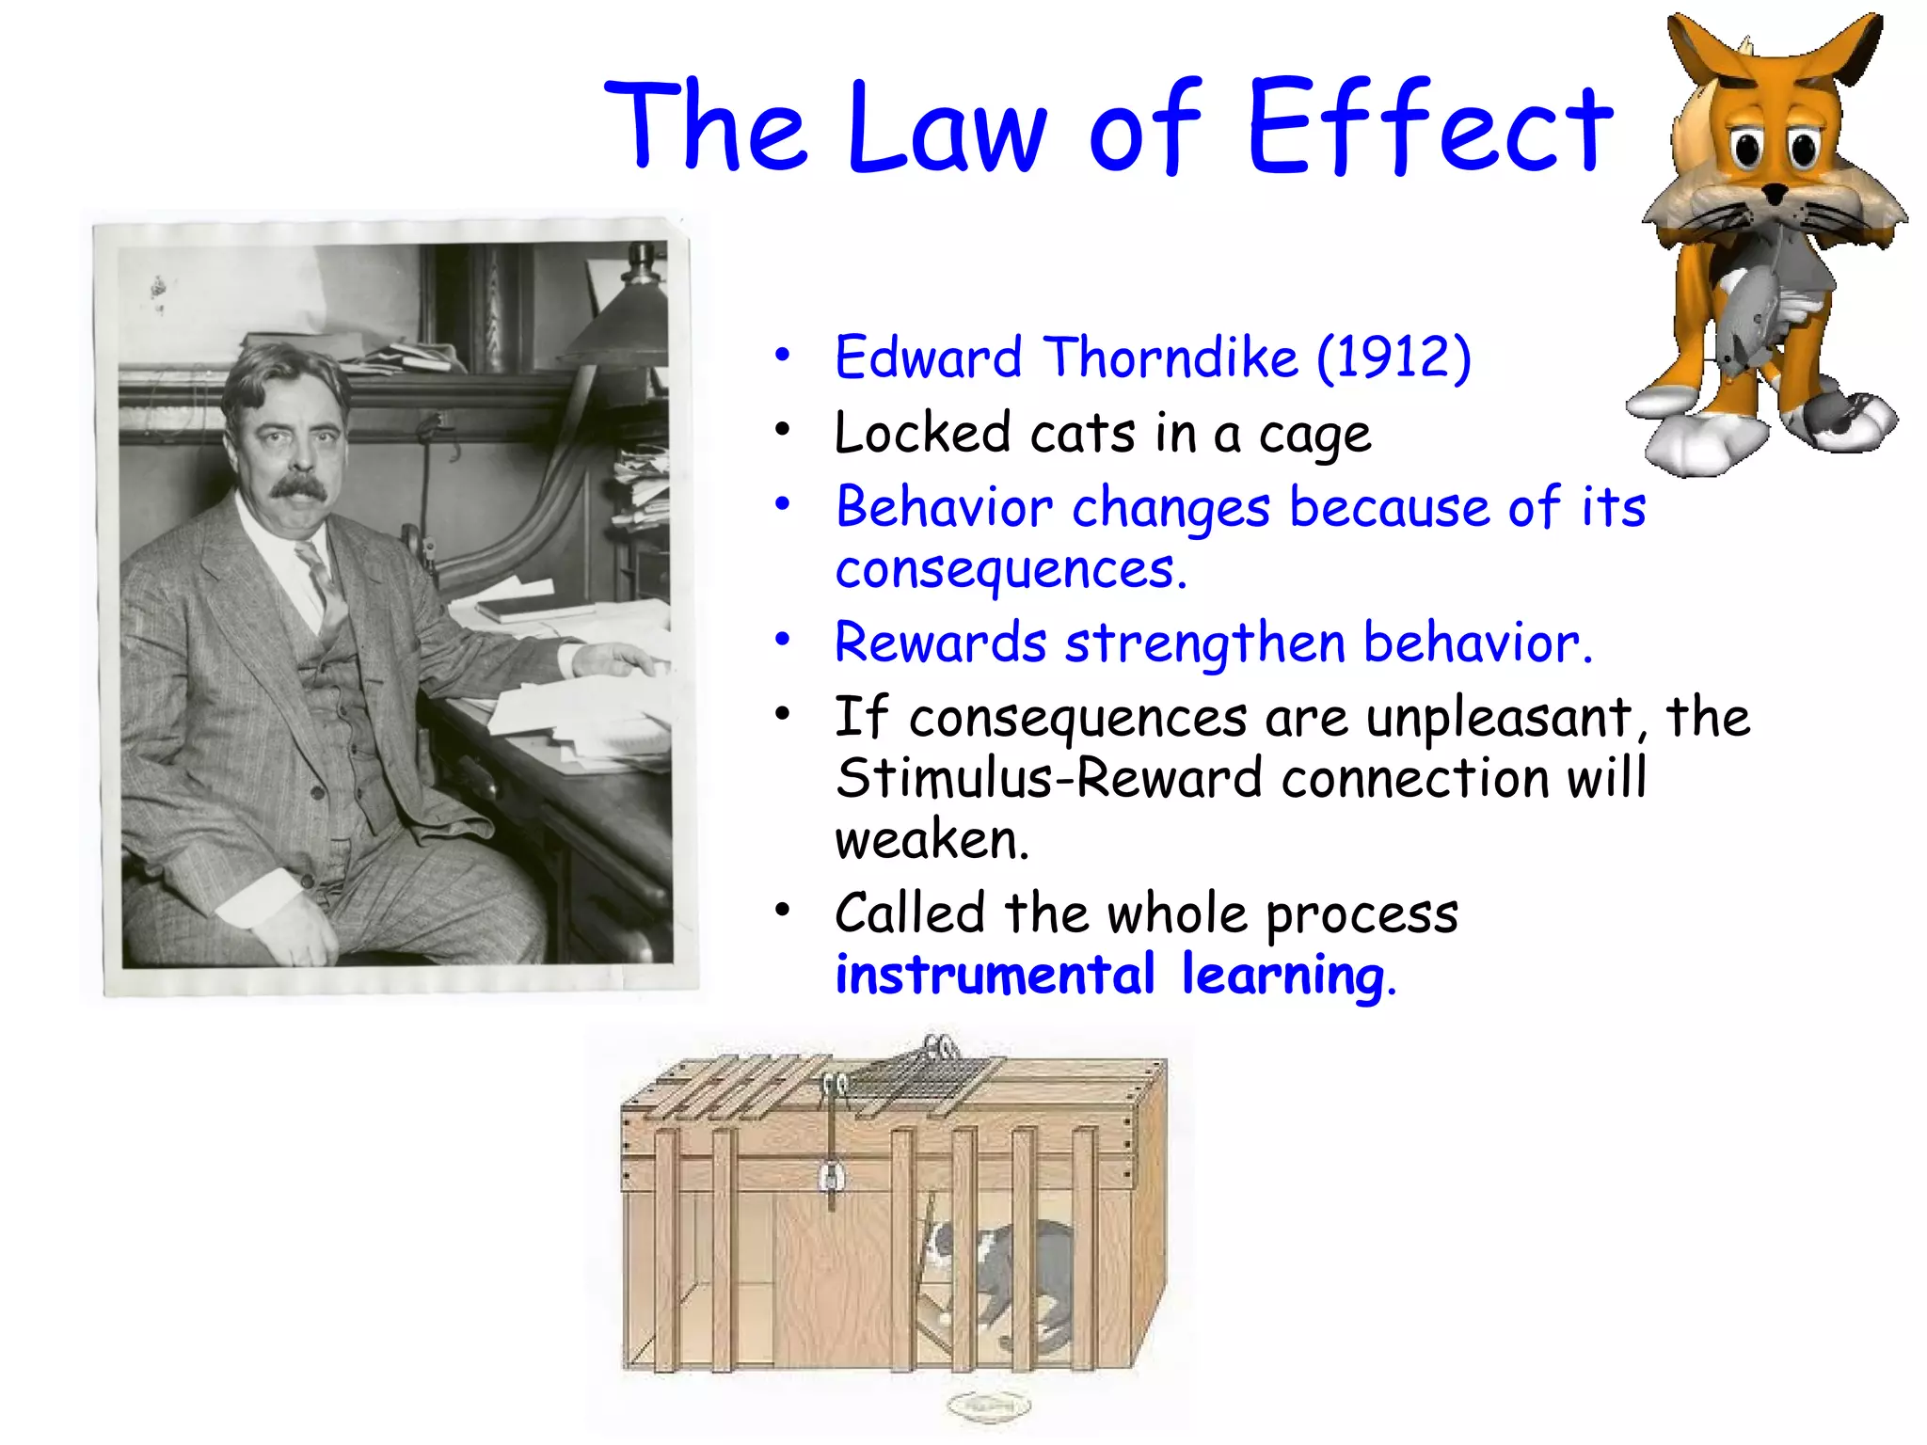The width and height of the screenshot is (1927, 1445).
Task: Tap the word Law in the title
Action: pos(946,130)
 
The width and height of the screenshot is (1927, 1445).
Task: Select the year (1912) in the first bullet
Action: pos(1393,357)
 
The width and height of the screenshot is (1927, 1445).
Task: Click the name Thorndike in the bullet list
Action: pos(1171,357)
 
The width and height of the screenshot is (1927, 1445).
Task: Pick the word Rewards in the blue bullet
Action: pos(940,643)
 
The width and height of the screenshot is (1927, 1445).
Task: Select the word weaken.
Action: pos(932,839)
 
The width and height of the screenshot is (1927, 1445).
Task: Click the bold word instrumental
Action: pos(995,975)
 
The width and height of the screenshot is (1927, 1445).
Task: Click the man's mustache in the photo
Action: pos(299,486)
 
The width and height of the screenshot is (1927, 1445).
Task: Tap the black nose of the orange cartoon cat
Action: pos(1775,195)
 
